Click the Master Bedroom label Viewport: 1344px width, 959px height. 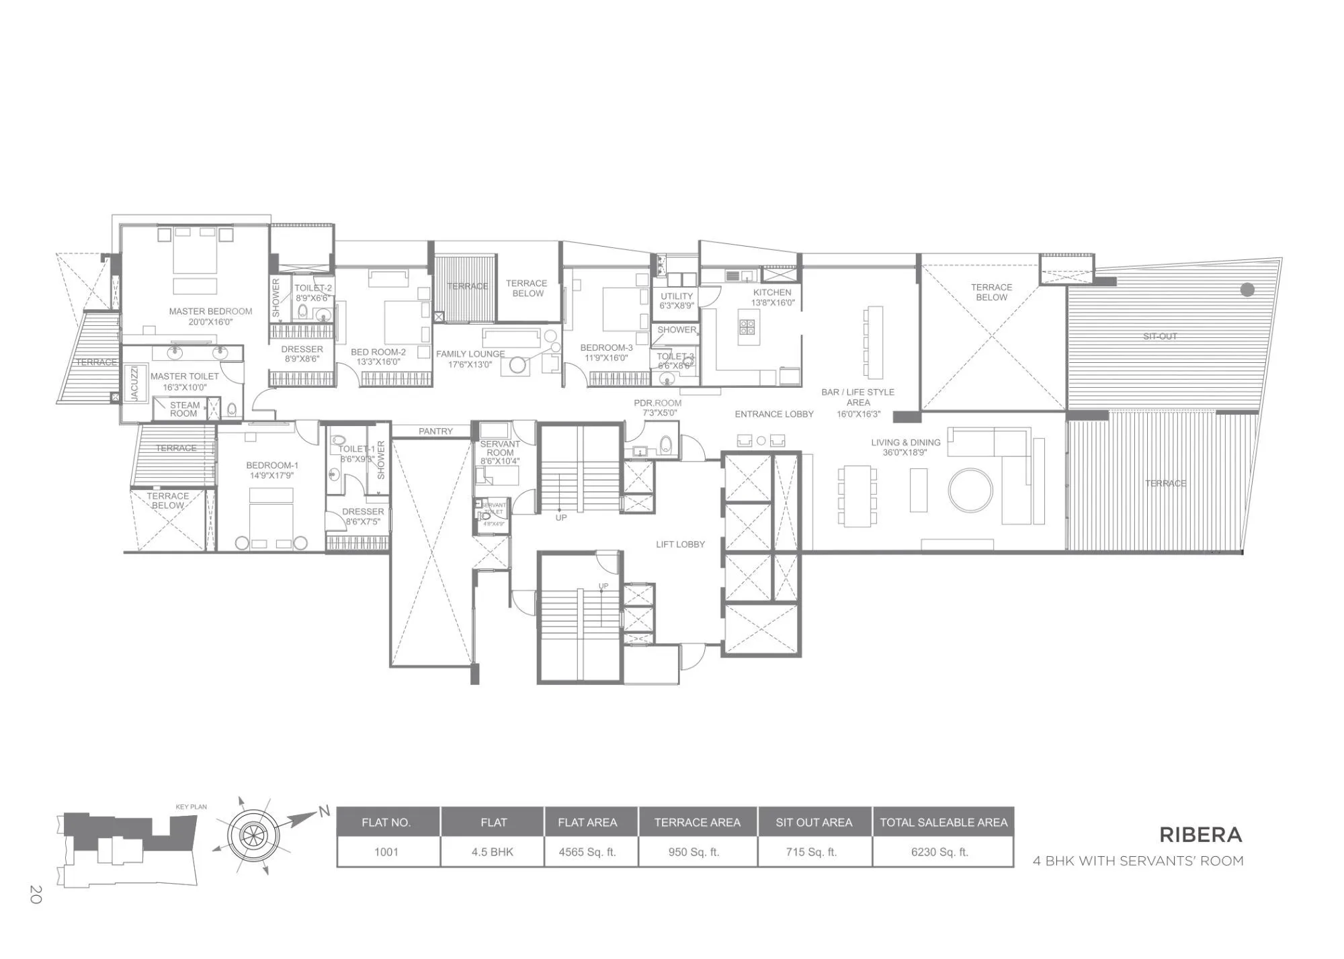(210, 311)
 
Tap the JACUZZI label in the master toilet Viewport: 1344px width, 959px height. (134, 384)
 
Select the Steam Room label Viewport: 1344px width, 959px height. (184, 409)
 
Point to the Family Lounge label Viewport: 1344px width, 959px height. (470, 354)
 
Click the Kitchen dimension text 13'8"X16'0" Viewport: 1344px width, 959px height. (773, 303)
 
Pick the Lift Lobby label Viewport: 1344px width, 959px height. (680, 544)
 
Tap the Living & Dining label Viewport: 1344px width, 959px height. (905, 442)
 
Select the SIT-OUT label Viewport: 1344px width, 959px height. (1160, 336)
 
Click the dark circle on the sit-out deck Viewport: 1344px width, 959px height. (1247, 290)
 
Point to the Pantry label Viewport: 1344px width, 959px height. (435, 431)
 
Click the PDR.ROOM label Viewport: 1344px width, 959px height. (657, 403)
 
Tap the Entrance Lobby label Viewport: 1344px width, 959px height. (773, 414)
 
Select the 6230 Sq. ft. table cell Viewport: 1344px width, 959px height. (939, 852)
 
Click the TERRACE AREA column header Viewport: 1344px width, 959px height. (697, 823)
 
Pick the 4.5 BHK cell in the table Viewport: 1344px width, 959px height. (492, 852)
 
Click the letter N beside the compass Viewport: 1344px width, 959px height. (324, 812)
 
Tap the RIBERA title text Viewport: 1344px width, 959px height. (1200, 835)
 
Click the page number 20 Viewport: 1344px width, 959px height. (36, 894)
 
